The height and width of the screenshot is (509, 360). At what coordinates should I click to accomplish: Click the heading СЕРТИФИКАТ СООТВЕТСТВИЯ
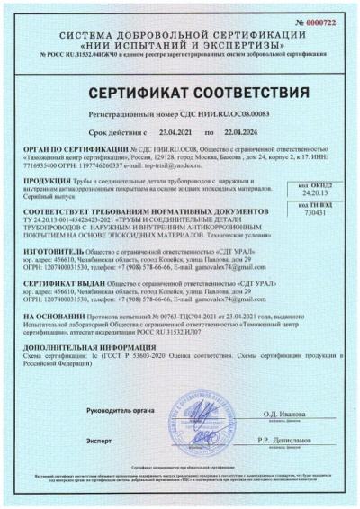click(x=180, y=94)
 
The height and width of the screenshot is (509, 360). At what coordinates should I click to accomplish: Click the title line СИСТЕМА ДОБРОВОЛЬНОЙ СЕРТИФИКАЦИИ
click(x=180, y=33)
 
